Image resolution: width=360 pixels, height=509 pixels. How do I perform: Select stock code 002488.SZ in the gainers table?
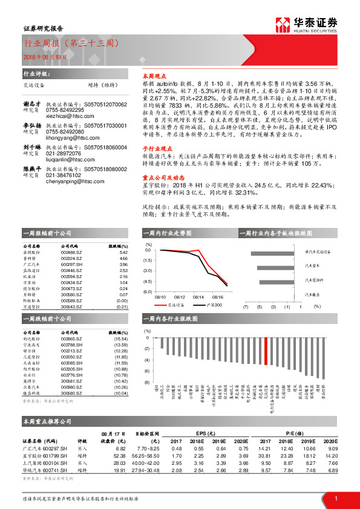[71, 253]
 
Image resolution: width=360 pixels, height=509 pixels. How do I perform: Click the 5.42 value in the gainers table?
[123, 253]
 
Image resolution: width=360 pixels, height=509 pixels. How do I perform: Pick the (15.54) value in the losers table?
[121, 340]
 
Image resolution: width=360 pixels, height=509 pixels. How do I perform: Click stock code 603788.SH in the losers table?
[71, 345]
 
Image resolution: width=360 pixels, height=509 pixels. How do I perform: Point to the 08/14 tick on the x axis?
[198, 297]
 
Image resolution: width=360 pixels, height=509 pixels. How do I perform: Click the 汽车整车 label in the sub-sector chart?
[312, 264]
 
